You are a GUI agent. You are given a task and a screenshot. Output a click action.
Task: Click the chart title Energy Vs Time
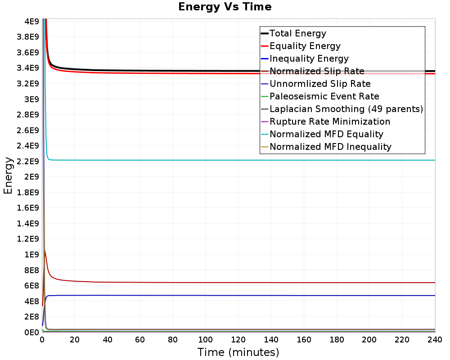(x=225, y=7)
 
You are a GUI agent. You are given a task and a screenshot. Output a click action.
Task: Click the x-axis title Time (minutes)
(x=238, y=352)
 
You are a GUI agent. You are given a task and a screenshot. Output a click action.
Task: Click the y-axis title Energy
(x=8, y=175)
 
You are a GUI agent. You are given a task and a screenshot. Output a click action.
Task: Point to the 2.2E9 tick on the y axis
(x=28, y=162)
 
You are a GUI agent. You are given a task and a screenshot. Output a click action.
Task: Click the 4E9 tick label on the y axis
(x=32, y=22)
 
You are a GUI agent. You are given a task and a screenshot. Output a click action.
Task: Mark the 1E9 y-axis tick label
(x=32, y=255)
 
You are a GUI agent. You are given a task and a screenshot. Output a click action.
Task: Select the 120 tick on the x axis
(x=238, y=340)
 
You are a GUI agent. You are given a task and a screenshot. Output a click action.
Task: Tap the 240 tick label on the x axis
(x=435, y=340)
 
